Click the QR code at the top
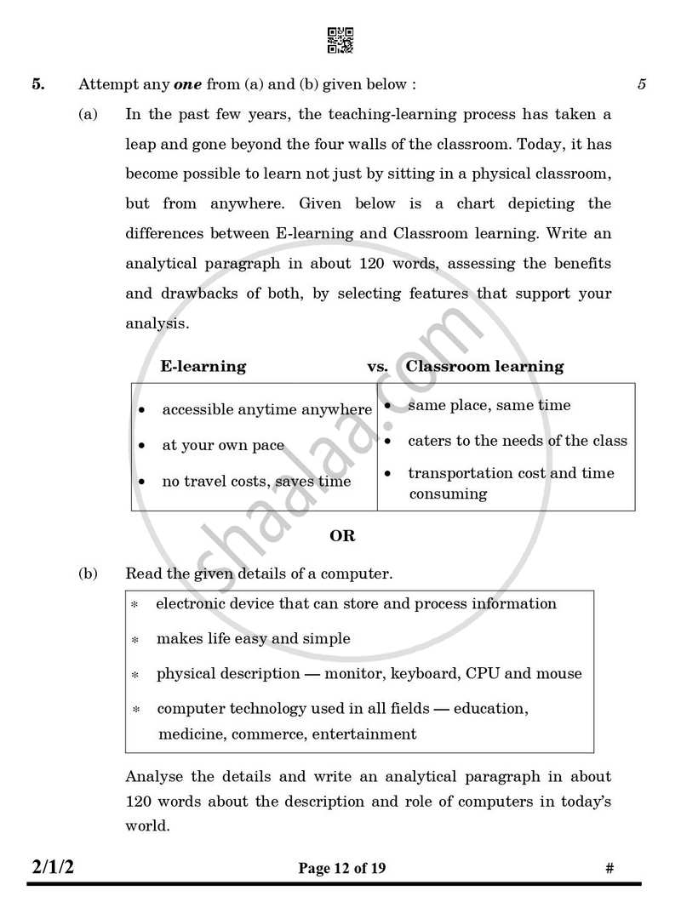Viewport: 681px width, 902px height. pyautogui.click(x=340, y=40)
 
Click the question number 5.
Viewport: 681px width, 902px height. pyautogui.click(x=38, y=84)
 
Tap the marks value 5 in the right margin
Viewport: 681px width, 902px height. pyautogui.click(x=641, y=84)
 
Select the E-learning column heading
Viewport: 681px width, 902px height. pyautogui.click(x=203, y=367)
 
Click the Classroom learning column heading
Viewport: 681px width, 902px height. pyautogui.click(x=484, y=367)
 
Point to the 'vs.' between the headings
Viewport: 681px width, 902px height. pyautogui.click(x=377, y=367)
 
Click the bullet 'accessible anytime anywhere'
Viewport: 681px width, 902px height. pyautogui.click(x=266, y=410)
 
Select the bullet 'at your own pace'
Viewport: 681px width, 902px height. pyautogui.click(x=223, y=446)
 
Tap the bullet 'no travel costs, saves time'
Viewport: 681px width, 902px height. pyautogui.click(x=256, y=482)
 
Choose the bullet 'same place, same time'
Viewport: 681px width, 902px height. pyautogui.click(x=489, y=406)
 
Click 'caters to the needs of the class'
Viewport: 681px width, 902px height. pyautogui.click(x=517, y=441)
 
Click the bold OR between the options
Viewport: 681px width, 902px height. pyautogui.click(x=342, y=536)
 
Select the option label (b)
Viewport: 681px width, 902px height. pyautogui.click(x=89, y=574)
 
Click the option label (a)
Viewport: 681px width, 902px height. pyautogui.click(x=89, y=114)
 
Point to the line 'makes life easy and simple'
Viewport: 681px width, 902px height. pyautogui.click(x=253, y=639)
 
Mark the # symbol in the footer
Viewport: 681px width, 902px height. pyautogui.click(x=609, y=869)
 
